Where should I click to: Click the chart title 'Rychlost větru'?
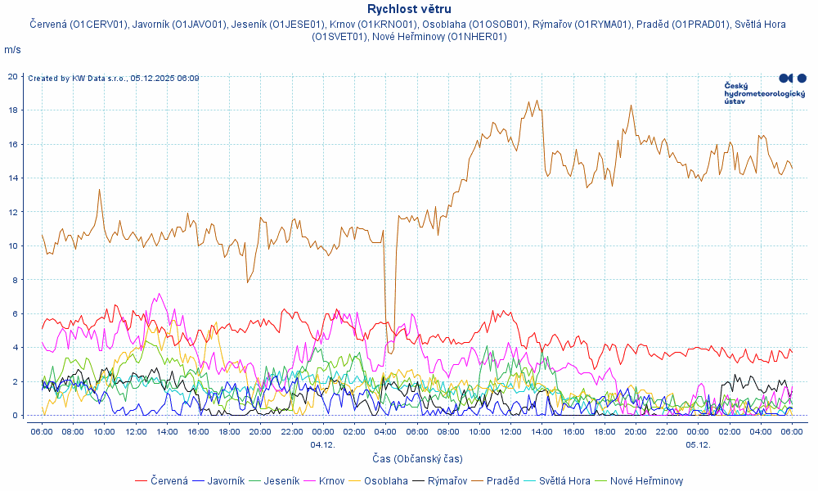coord(409,9)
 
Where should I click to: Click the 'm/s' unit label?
coord(12,50)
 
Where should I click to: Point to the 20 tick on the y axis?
coord(12,76)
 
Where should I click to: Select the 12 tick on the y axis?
coord(12,212)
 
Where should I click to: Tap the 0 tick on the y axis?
coord(15,416)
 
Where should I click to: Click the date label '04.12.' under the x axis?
coord(322,444)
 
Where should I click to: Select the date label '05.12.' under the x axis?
coord(698,444)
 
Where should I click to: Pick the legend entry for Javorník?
coord(225,480)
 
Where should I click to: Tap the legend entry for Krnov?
coord(331,480)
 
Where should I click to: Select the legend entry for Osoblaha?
coord(385,480)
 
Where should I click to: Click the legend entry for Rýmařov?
coord(447,480)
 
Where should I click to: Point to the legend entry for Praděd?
coord(502,480)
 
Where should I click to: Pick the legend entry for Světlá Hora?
coord(564,480)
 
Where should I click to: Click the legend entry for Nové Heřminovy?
coord(646,480)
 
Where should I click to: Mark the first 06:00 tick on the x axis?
coord(42,431)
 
